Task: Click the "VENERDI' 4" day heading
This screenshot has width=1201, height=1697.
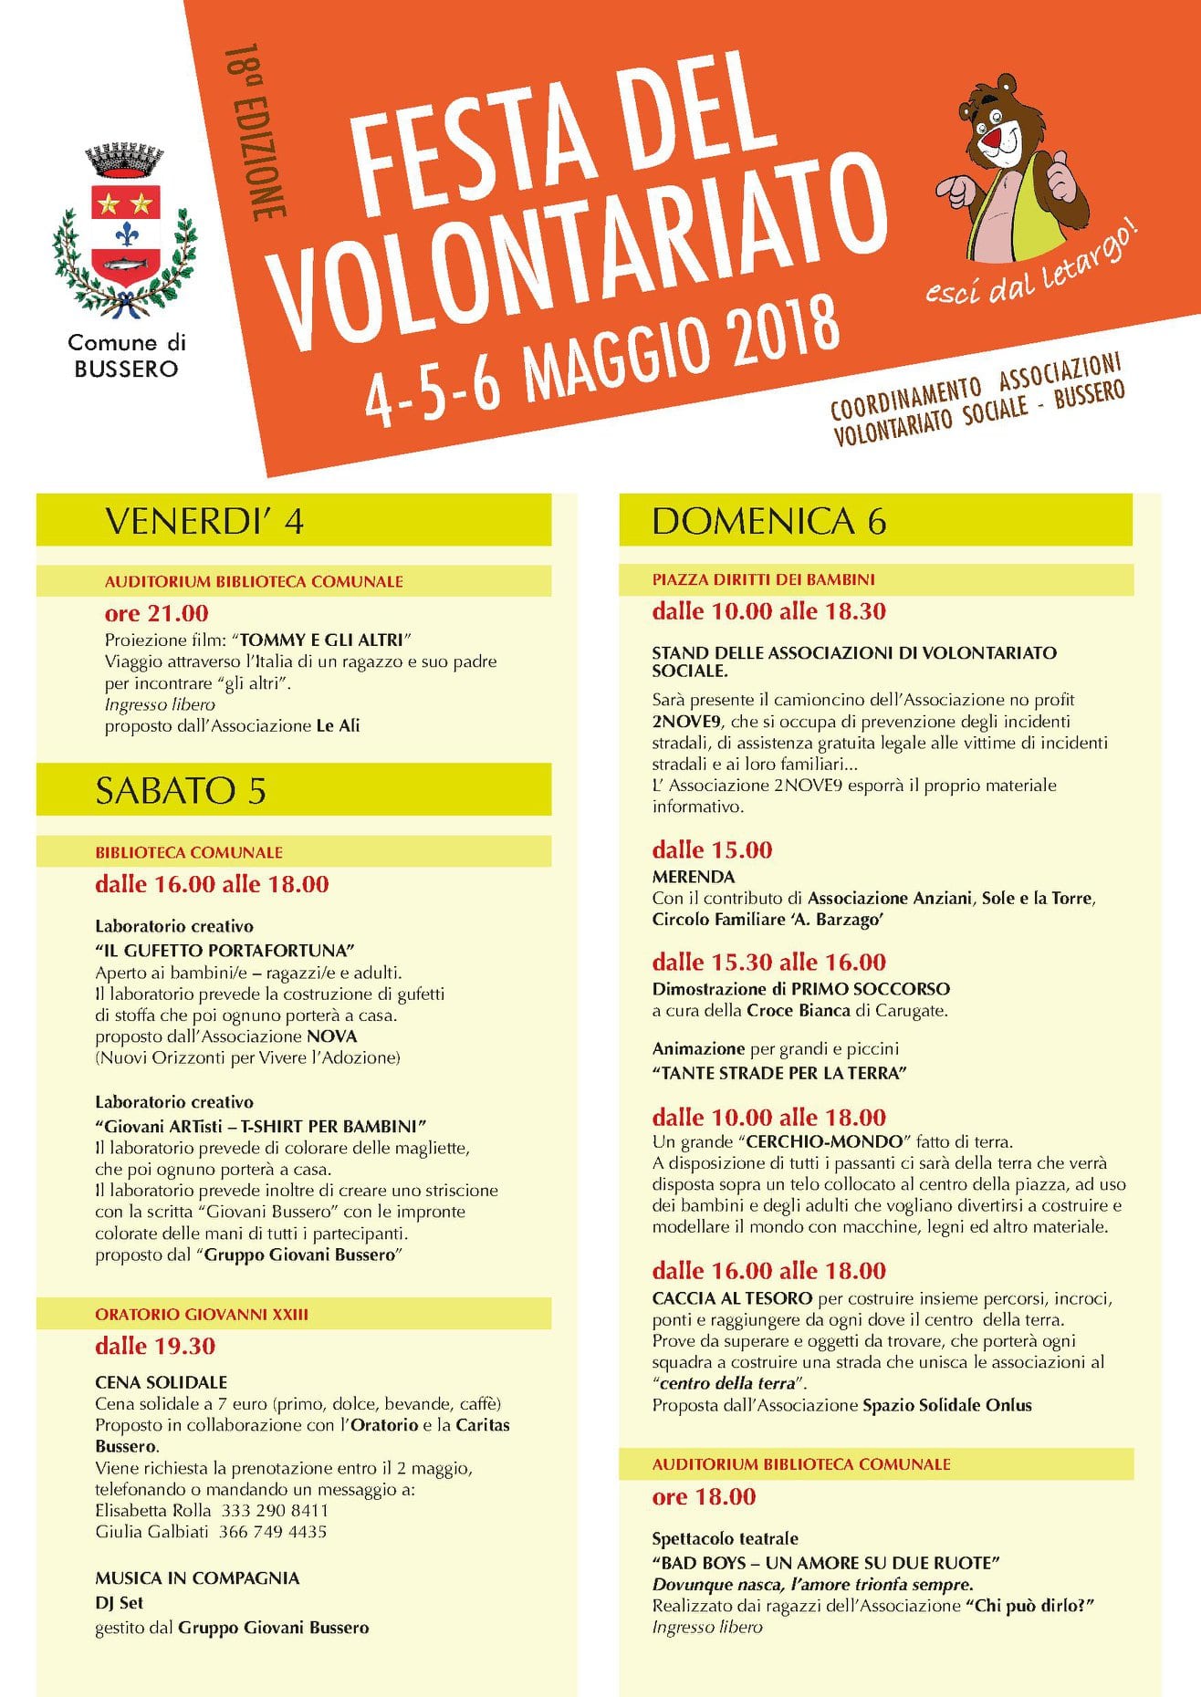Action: click(204, 521)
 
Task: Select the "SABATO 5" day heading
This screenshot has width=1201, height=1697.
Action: click(181, 790)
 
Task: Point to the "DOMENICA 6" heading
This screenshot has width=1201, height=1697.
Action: click(768, 520)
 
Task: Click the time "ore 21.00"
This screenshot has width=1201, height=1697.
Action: click(156, 613)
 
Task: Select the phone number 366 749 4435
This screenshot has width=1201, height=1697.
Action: click(273, 1532)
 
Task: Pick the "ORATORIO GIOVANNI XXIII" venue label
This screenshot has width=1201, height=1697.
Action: click(202, 1314)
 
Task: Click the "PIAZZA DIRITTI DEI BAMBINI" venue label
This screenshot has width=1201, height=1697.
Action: click(763, 579)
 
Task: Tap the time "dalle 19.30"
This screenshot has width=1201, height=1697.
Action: click(155, 1346)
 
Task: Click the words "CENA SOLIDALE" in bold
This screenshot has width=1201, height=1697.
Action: click(162, 1382)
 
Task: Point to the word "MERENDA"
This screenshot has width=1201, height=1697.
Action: click(693, 877)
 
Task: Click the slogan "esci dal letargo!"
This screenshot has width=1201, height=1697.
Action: click(1031, 270)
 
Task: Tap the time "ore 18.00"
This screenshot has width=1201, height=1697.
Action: click(704, 1497)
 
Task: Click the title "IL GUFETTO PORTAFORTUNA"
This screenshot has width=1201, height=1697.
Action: click(225, 950)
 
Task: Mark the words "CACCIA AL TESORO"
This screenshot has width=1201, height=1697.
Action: click(732, 1298)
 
